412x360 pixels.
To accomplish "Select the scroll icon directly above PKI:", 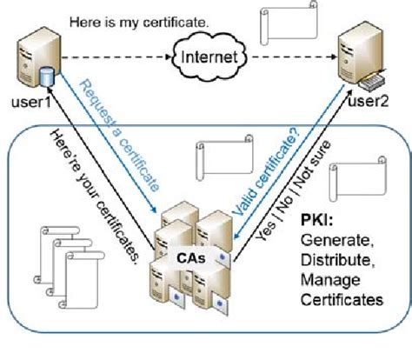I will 357,179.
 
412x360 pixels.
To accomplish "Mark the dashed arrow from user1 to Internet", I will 113,59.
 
